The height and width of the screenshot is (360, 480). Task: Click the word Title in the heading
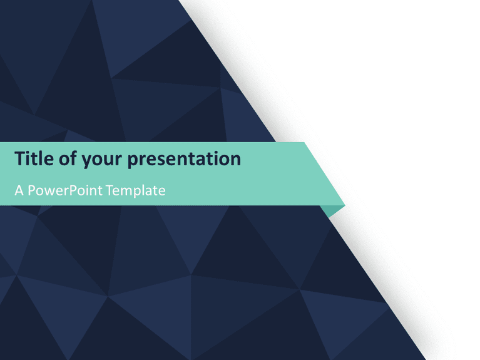coord(34,159)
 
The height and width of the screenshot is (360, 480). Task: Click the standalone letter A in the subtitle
coord(19,190)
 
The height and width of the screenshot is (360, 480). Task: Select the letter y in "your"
coord(86,162)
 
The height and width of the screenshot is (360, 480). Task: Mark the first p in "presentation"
coord(133,162)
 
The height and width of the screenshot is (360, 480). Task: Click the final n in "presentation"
coord(235,160)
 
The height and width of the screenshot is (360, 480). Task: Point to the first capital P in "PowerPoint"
coord(32,190)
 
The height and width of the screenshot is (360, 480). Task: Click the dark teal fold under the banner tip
coord(336,209)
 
